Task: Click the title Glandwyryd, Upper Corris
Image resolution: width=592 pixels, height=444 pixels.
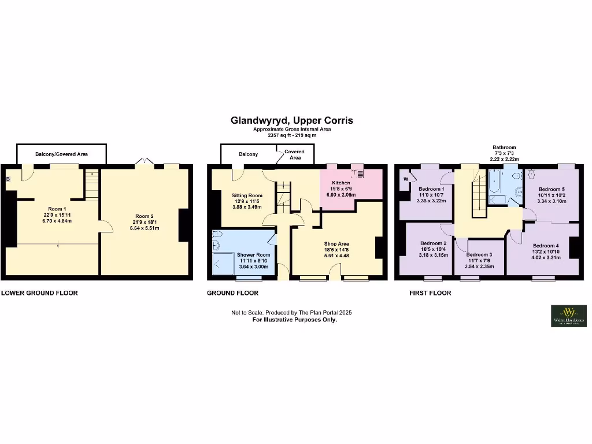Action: pyautogui.click(x=292, y=121)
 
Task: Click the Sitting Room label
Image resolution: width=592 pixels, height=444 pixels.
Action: pyautogui.click(x=247, y=201)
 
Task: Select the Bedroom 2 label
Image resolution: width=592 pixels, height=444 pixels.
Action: pyautogui.click(x=432, y=249)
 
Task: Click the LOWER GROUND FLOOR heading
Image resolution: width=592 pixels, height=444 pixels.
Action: pyautogui.click(x=39, y=293)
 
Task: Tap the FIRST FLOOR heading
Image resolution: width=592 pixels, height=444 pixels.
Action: pyautogui.click(x=430, y=293)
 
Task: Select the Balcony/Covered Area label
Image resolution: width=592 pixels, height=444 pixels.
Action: pyautogui.click(x=61, y=154)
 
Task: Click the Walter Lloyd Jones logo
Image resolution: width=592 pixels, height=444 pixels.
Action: pyautogui.click(x=568, y=316)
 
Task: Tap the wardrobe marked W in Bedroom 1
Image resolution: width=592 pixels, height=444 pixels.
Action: pyautogui.click(x=406, y=179)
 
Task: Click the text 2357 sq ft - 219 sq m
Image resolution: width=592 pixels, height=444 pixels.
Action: pyautogui.click(x=292, y=135)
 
